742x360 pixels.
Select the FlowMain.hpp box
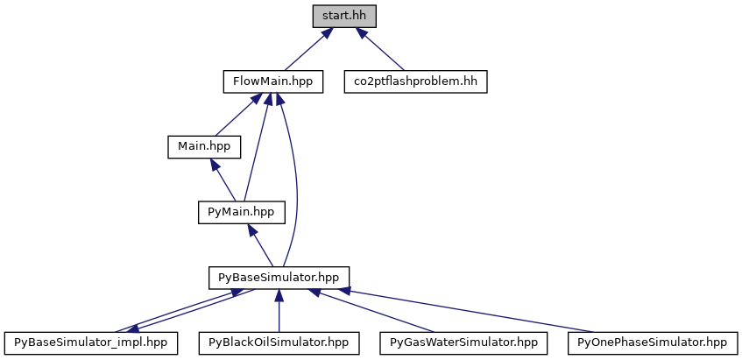(x=272, y=81)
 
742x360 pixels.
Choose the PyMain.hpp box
(x=241, y=211)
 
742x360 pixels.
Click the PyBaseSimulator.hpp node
(x=279, y=277)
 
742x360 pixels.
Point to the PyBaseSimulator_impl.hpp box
(x=91, y=342)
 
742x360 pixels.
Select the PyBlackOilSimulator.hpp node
(x=279, y=342)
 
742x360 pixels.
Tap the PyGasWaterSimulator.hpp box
(x=463, y=342)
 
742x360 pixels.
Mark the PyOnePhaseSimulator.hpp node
(x=653, y=342)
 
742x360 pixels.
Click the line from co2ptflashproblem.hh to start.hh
(x=384, y=52)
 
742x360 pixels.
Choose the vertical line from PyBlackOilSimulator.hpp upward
(x=279, y=312)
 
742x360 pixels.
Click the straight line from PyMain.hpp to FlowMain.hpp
(x=255, y=149)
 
